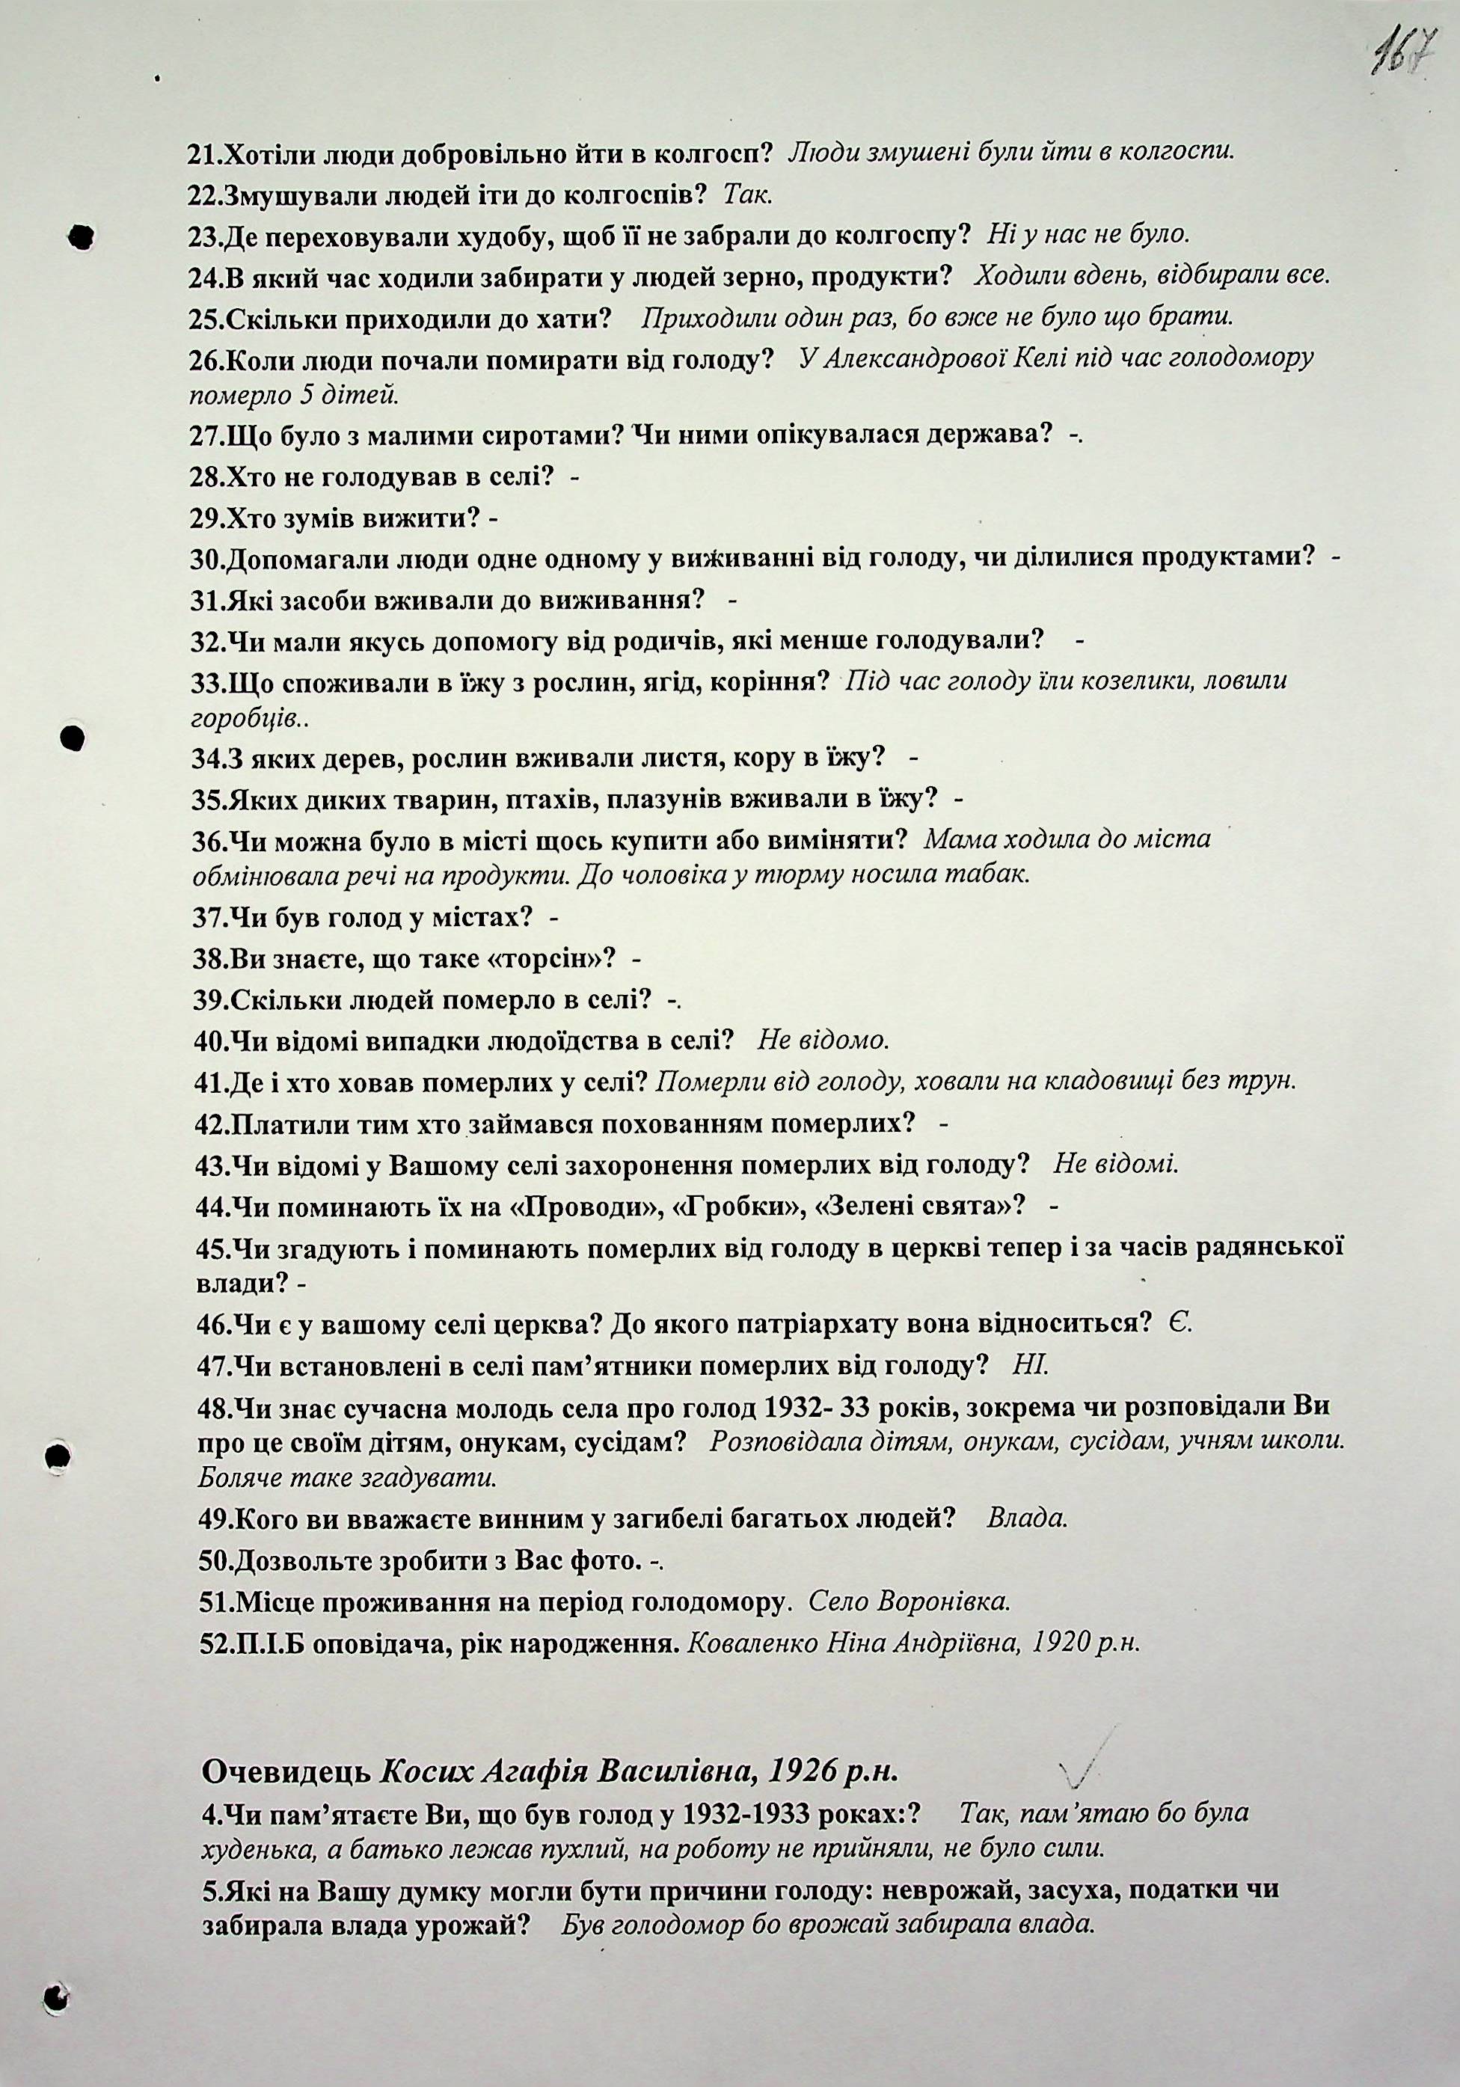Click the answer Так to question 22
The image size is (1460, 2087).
coord(747,194)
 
